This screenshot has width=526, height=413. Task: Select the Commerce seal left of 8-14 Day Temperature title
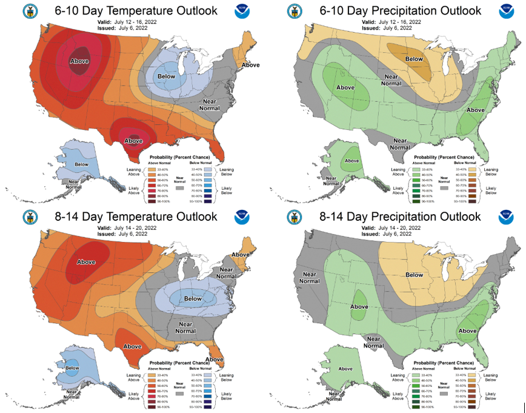point(28,217)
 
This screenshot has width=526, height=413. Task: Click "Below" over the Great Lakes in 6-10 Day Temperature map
point(167,76)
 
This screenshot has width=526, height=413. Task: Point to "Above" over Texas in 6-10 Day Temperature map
point(133,141)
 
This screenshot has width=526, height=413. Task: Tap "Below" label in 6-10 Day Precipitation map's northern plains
point(414,59)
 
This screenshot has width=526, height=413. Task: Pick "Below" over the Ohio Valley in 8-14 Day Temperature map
point(193,298)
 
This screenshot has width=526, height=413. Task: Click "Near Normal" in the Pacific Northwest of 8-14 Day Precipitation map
point(308,278)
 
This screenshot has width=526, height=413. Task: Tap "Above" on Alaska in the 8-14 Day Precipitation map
point(345,368)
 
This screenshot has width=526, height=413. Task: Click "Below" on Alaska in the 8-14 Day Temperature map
point(72,368)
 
